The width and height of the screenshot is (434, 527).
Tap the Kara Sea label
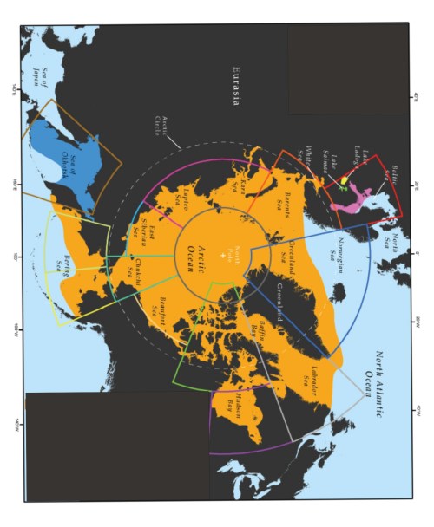point(240,186)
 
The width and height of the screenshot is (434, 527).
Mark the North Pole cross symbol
point(225,259)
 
